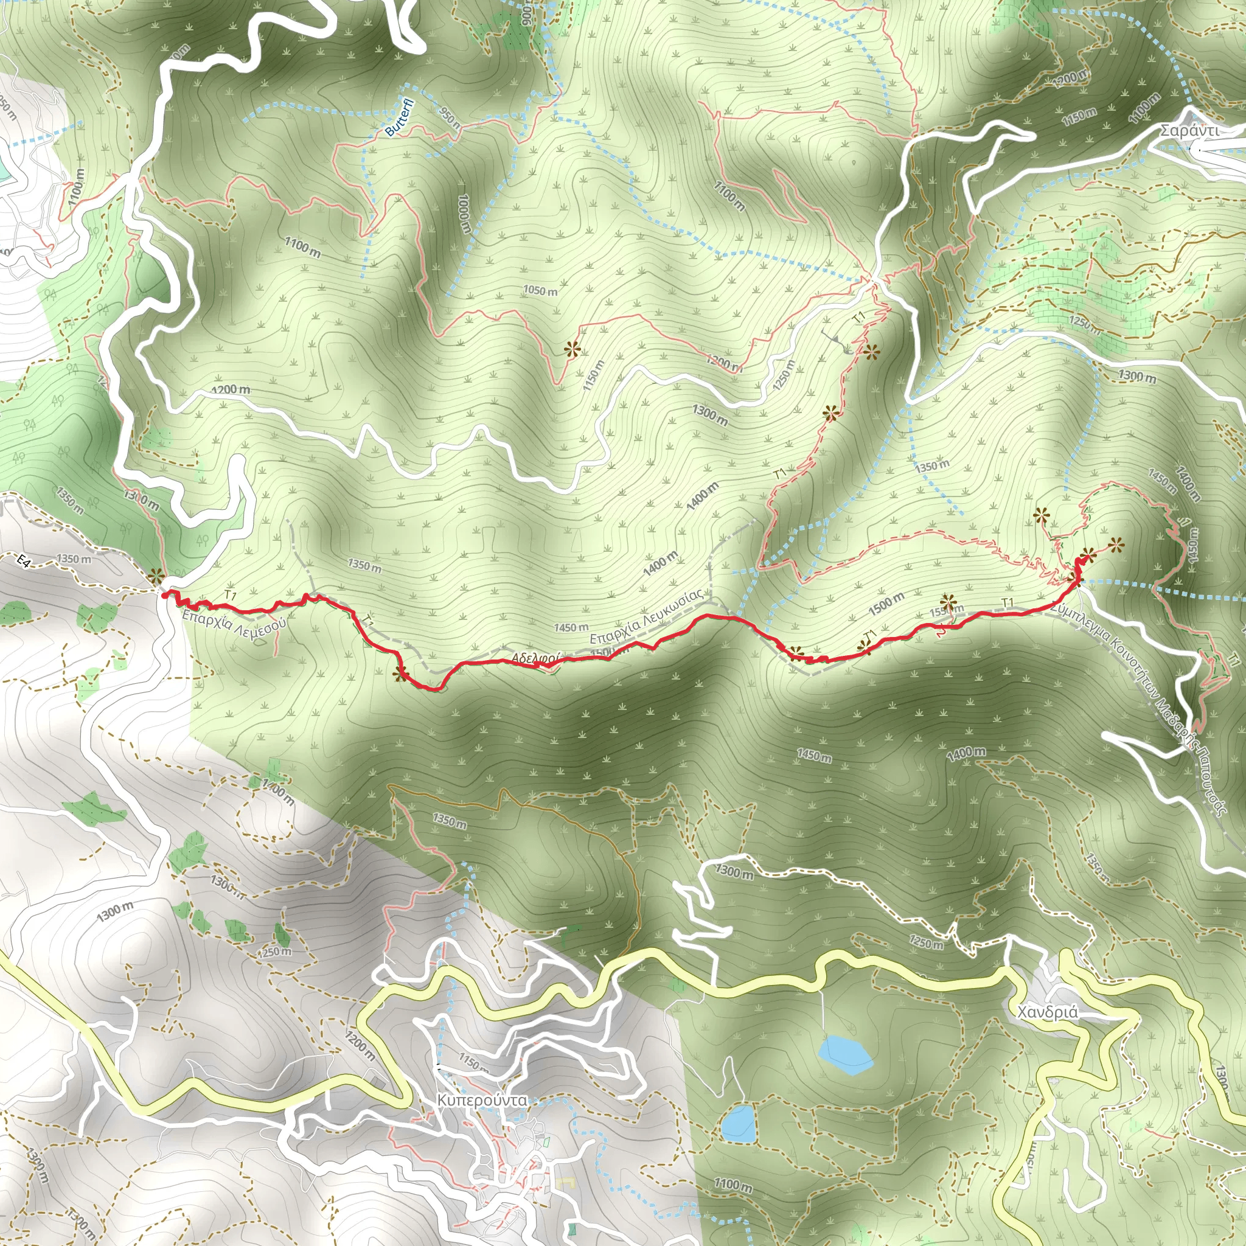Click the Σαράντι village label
tap(1189, 130)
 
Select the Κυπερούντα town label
tap(481, 1100)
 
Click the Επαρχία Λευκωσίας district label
tap(646, 616)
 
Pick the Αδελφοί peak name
tap(535, 658)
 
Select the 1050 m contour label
tap(540, 291)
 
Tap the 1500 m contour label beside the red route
tap(886, 604)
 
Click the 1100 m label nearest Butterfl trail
tap(302, 247)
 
